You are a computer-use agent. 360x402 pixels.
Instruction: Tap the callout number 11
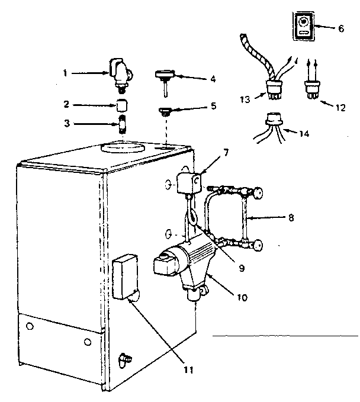point(188,371)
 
